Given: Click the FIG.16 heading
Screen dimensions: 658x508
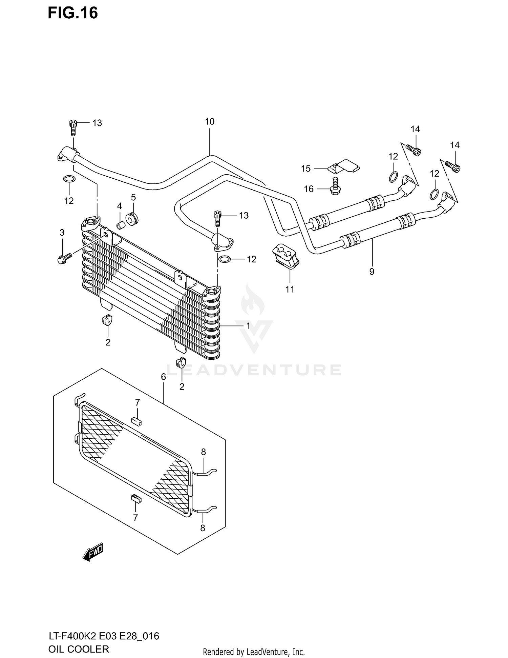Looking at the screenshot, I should pyautogui.click(x=73, y=13).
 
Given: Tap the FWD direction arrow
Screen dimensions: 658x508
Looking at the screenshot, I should pyautogui.click(x=92, y=552).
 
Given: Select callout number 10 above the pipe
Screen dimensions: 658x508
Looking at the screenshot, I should pyautogui.click(x=210, y=122).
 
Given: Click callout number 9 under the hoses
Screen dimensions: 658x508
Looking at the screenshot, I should pyautogui.click(x=372, y=272).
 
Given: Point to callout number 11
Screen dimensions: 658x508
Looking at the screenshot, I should pyautogui.click(x=290, y=289).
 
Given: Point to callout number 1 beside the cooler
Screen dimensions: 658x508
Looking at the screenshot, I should pyautogui.click(x=248, y=326).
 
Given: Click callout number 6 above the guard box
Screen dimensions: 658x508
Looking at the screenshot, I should pyautogui.click(x=163, y=377).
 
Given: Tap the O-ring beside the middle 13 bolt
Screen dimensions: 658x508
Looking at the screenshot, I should pyautogui.click(x=225, y=259).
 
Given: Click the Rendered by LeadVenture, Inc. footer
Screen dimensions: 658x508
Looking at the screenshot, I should pyautogui.click(x=254, y=652).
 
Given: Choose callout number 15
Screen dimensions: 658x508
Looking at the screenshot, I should pyautogui.click(x=306, y=168).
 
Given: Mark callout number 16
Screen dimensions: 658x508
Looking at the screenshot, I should pyautogui.click(x=309, y=189).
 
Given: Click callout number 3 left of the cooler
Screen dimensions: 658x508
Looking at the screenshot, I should pyautogui.click(x=62, y=233).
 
